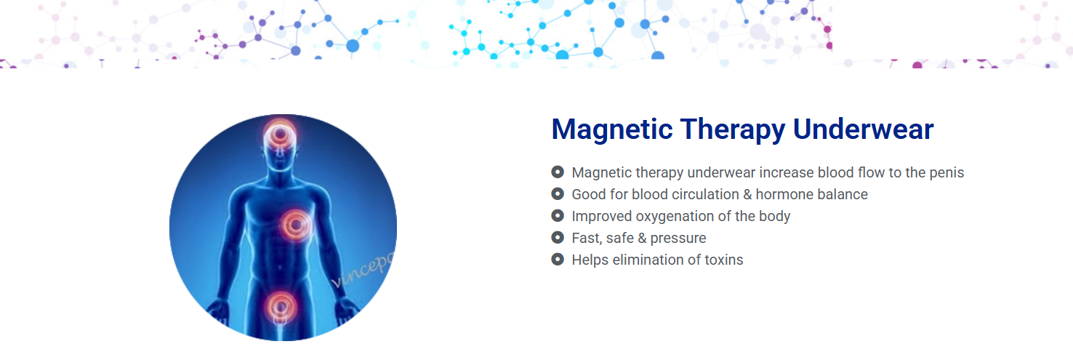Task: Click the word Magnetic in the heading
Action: (x=612, y=130)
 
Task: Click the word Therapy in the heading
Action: (x=733, y=130)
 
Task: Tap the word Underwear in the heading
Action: (x=863, y=129)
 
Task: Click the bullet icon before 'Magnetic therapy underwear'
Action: (x=558, y=172)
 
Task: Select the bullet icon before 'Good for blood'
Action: (x=558, y=193)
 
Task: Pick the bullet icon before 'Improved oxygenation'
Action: (x=558, y=215)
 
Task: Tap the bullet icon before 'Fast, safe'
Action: (x=558, y=237)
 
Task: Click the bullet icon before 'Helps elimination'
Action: (x=558, y=259)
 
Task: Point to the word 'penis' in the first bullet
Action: (x=947, y=172)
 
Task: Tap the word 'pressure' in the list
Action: (x=678, y=239)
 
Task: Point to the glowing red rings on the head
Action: (x=280, y=132)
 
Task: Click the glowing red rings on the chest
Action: (x=296, y=224)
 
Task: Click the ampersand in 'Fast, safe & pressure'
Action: (x=642, y=238)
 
